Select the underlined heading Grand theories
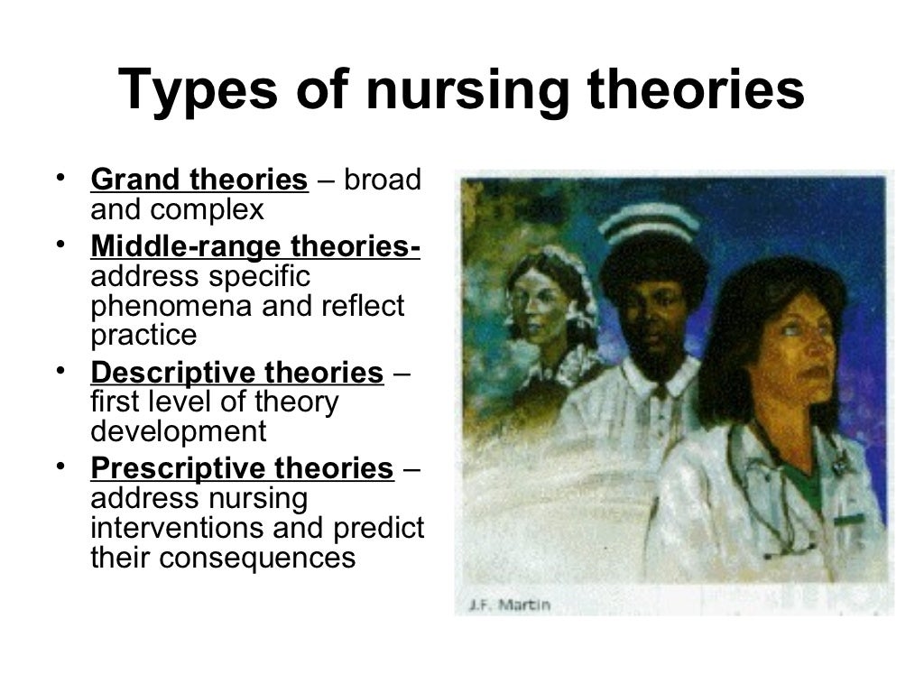point(199,180)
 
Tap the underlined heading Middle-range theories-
point(255,246)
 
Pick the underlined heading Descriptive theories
point(237,373)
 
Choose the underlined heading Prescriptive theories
point(242,469)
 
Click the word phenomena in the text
point(171,306)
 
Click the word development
point(179,431)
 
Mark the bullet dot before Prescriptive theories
point(60,465)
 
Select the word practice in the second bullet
point(143,335)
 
